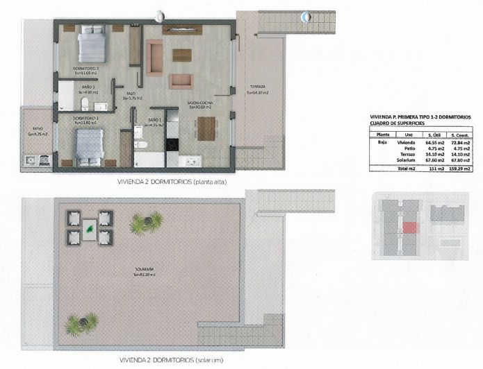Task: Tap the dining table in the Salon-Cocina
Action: click(x=206, y=128)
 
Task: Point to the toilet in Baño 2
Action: click(x=85, y=105)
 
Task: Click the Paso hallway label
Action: click(x=130, y=96)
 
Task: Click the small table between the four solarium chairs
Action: click(x=90, y=228)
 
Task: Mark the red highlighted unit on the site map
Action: click(x=410, y=227)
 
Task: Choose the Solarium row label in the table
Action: click(x=405, y=160)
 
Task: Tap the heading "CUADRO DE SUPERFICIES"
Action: click(x=398, y=125)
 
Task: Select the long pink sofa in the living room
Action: click(x=154, y=57)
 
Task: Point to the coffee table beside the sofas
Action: click(x=182, y=55)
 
